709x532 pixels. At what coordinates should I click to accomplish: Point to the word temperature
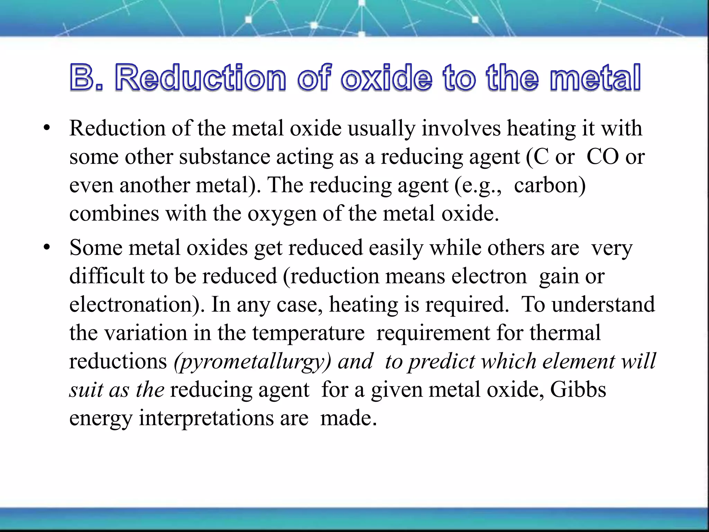[308, 333]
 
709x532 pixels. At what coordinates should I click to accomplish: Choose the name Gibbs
[578, 390]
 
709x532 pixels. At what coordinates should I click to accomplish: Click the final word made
[348, 418]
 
